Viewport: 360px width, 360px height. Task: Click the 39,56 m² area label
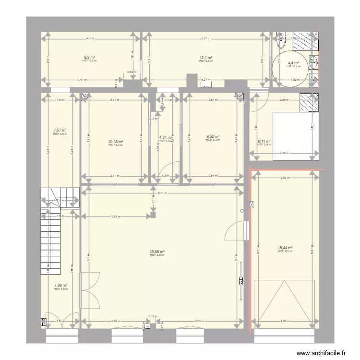pos(157,251)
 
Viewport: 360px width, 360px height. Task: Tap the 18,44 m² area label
pos(285,248)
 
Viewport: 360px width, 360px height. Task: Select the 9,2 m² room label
pos(89,58)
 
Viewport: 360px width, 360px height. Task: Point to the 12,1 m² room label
pos(206,58)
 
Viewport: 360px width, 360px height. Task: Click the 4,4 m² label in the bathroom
pos(293,63)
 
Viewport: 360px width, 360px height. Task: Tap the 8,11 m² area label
pos(264,141)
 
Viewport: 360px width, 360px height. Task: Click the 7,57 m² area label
pos(60,130)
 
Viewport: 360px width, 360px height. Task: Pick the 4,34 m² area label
pos(165,138)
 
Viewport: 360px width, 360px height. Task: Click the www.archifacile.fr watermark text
pos(321,353)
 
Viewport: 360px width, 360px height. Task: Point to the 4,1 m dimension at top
pos(90,38)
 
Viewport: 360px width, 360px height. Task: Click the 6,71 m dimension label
pos(163,192)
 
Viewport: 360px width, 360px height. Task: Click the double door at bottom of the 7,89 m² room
pos(60,321)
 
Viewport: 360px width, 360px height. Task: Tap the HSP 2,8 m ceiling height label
pos(157,255)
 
